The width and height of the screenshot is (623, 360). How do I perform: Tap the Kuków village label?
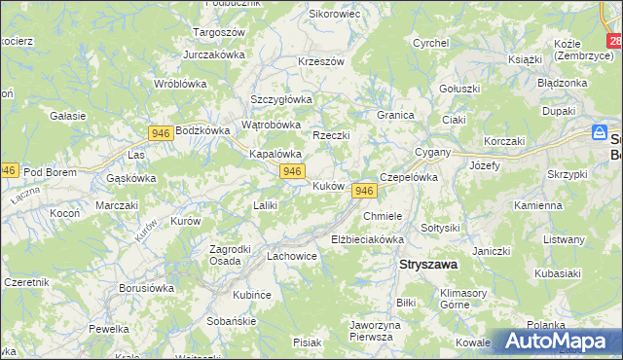tap(329, 185)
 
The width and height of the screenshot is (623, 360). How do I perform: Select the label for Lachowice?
tap(292, 256)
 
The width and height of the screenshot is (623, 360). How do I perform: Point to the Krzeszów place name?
tap(321, 61)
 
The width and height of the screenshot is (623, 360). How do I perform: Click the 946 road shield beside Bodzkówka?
tap(162, 131)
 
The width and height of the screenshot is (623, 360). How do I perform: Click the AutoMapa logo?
tap(558, 341)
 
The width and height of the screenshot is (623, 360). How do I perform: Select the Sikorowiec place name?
tap(335, 15)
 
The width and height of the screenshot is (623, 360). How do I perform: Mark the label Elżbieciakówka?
tap(367, 238)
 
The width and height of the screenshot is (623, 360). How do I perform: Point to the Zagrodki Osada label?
tap(232, 254)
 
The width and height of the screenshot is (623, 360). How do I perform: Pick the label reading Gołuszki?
tap(459, 88)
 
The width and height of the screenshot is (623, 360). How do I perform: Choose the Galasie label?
tap(67, 116)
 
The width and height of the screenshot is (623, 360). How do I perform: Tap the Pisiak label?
tap(307, 342)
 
